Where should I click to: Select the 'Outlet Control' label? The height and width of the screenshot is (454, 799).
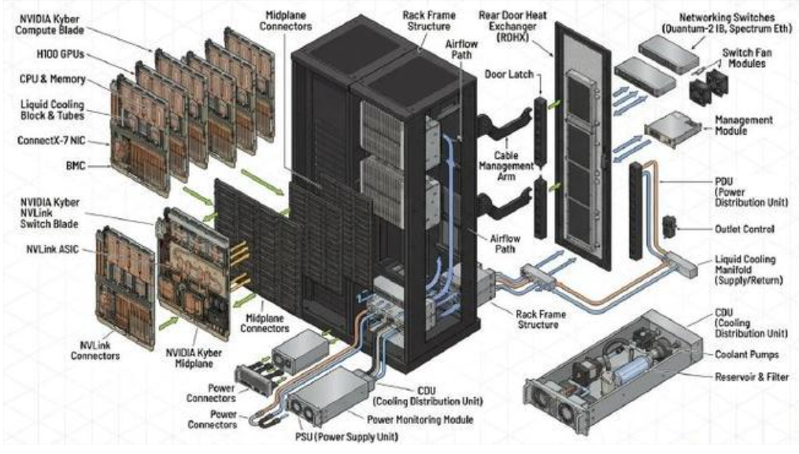pos(738,229)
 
